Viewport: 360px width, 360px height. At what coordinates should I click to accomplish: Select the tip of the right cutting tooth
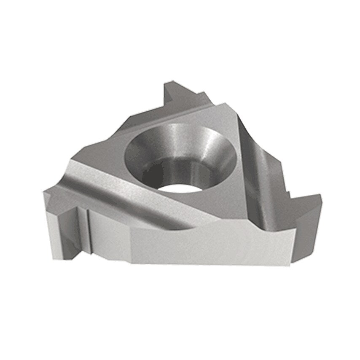point(320,196)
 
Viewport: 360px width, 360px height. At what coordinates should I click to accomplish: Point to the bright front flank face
point(190,244)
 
